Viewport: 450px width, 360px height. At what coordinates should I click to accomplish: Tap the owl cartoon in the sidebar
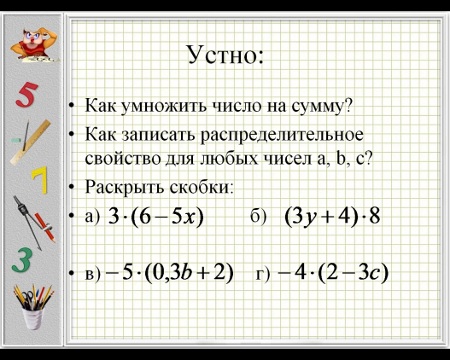tap(35, 44)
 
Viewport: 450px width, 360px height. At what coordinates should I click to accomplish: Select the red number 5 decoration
tap(26, 95)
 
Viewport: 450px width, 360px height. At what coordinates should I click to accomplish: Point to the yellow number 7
tap(39, 180)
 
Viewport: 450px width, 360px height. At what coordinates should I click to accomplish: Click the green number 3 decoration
tap(22, 260)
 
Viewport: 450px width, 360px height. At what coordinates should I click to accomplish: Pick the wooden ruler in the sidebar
tap(31, 142)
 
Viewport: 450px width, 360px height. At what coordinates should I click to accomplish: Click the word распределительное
tap(282, 136)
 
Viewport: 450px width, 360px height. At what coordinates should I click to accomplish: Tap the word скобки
tap(200, 187)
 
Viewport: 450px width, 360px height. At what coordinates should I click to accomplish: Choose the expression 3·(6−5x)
tap(156, 217)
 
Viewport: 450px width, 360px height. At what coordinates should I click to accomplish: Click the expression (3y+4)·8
tap(332, 217)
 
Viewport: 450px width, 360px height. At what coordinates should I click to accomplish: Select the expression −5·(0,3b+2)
tap(169, 273)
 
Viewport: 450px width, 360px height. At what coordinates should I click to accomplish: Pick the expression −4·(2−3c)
tap(333, 273)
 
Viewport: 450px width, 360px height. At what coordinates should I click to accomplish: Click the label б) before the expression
tap(258, 217)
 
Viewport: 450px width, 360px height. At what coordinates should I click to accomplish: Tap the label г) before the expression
tap(263, 274)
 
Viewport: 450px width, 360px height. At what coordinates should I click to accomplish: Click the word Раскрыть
tap(125, 187)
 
